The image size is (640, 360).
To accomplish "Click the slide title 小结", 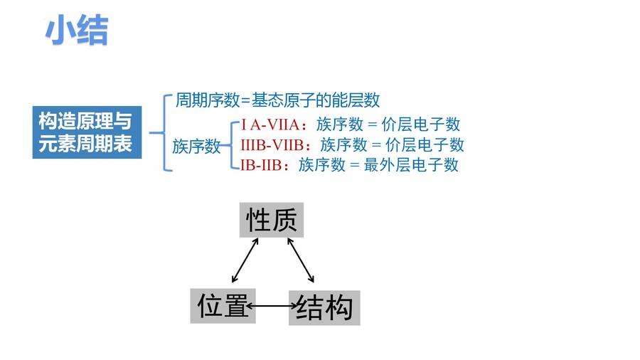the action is coord(77,30).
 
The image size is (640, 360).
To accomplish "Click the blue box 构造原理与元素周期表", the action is coord(87,132).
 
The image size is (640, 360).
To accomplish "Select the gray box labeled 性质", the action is coord(272,220).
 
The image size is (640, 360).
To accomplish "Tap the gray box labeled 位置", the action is coord(223,306).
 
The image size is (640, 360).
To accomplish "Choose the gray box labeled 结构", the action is coord(324,308).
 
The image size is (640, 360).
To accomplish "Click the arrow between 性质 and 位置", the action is coord(245,260).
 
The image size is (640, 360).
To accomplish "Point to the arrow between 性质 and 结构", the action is coord(301,260).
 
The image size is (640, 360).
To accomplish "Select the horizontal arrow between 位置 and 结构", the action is coord(272,306).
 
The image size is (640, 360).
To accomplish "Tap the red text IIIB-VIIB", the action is coord(272,145).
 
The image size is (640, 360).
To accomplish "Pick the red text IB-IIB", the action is coord(261,165).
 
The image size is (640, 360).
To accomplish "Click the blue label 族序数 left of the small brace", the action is coord(196,146).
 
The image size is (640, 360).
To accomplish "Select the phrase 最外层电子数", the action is coord(411,165).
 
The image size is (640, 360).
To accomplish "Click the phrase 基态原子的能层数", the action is coord(316,100).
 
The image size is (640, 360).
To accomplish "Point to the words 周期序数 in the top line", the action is coord(208,100).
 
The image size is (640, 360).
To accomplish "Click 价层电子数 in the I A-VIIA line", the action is coord(421,125).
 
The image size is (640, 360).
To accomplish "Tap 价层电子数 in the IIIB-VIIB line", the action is coord(425,144).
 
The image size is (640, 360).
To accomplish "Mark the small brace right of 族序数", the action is coord(231,145).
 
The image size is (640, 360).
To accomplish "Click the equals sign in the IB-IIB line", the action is coord(355,165).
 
